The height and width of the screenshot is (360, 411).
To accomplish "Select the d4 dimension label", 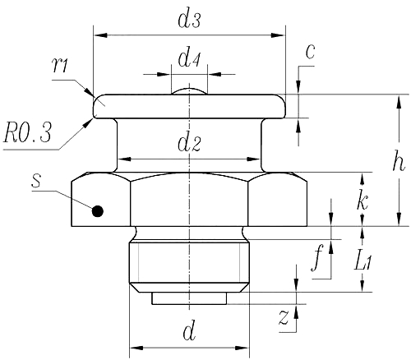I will pos(189,60).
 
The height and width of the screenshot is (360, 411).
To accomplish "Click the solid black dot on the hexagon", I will pos(97,210).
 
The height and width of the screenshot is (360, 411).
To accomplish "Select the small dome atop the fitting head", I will pos(190,90).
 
